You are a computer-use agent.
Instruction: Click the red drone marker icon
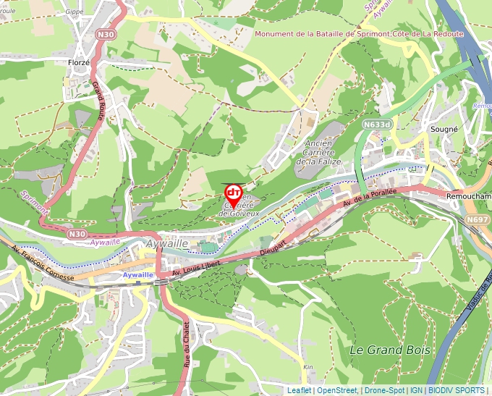click(234, 193)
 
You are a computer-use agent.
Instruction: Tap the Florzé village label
click(78, 63)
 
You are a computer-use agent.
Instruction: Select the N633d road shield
click(377, 125)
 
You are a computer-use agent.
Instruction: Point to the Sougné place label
click(444, 129)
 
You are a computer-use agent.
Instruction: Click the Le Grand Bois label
click(389, 350)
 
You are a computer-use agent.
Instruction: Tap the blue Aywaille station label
click(137, 275)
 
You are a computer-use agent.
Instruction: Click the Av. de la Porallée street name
click(370, 197)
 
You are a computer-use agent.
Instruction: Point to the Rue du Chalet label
click(187, 345)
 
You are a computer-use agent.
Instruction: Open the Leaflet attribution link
click(299, 390)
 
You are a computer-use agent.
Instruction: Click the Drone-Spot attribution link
click(384, 390)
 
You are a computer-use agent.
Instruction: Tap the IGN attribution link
click(417, 390)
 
